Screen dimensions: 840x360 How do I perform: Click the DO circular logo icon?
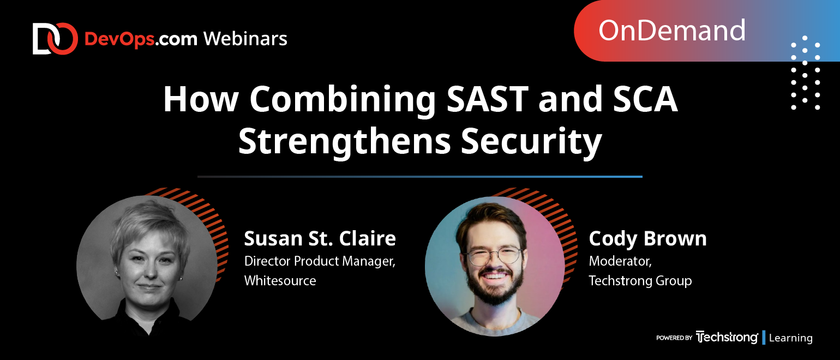pyautogui.click(x=55, y=39)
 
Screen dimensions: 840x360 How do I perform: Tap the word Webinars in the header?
pyautogui.click(x=245, y=39)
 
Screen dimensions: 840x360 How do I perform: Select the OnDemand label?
pyautogui.click(x=671, y=31)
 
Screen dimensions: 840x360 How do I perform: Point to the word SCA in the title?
pyautogui.click(x=645, y=99)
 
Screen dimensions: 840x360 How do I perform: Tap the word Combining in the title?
pyautogui.click(x=343, y=100)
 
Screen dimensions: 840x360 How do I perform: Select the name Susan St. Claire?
pyautogui.click(x=320, y=238)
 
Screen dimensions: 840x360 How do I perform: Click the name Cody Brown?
pyautogui.click(x=647, y=239)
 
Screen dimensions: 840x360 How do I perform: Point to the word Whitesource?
pyautogui.click(x=280, y=280)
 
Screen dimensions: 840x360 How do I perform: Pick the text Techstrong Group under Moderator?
pyautogui.click(x=640, y=281)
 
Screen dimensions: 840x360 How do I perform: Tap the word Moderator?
pyautogui.click(x=620, y=261)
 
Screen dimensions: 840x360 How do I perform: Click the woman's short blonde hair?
pyautogui.click(x=151, y=224)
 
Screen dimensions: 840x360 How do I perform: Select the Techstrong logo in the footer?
pyautogui.click(x=727, y=337)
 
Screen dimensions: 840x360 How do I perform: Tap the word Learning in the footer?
pyautogui.click(x=790, y=338)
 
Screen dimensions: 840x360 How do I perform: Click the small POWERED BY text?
pyautogui.click(x=674, y=338)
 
